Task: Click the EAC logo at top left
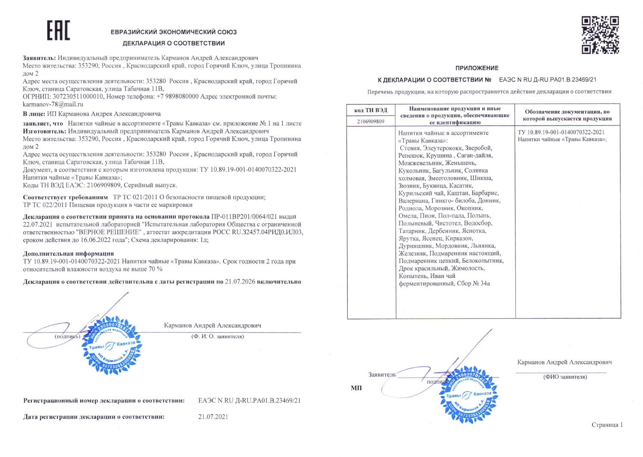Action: [x=58, y=31]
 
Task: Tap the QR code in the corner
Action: [x=600, y=35]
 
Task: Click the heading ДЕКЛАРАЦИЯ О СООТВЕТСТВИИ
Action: [x=173, y=43]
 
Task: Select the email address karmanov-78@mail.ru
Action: [x=53, y=104]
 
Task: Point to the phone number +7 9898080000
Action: [x=177, y=97]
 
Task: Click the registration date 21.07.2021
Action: [x=213, y=417]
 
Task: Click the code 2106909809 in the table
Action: [x=371, y=122]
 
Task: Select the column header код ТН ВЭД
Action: [x=371, y=110]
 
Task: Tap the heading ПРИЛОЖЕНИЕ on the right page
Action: [x=477, y=68]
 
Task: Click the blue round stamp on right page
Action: [x=468, y=394]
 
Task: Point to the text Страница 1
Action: [x=607, y=425]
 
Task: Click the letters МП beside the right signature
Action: [x=356, y=388]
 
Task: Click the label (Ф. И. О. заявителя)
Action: [x=218, y=336]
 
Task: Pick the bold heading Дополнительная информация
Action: [x=68, y=254]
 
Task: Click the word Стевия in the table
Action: [x=410, y=148]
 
